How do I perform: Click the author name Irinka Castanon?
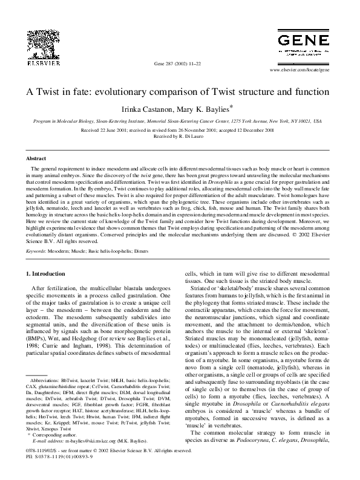[x=150, y=109]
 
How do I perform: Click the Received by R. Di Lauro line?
[x=180, y=136]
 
